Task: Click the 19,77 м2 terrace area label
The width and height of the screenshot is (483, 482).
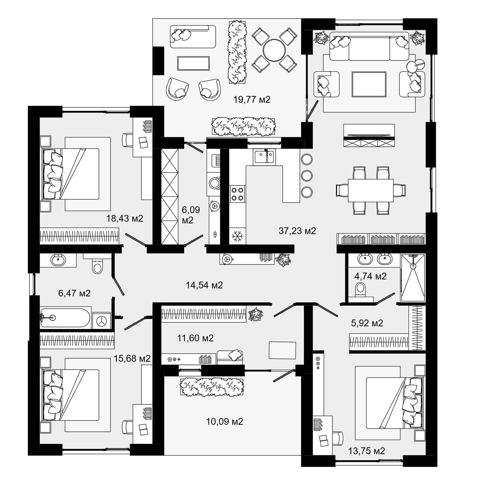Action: click(252, 100)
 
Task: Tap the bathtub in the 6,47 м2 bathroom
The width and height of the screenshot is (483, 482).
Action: click(65, 318)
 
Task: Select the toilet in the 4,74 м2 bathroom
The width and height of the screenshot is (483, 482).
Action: click(360, 289)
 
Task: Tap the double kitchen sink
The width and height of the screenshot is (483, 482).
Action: click(264, 157)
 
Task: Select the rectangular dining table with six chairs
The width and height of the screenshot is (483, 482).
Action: click(371, 191)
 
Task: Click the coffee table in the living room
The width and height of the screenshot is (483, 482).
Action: click(369, 84)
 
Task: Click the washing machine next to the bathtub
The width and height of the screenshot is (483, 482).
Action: click(101, 320)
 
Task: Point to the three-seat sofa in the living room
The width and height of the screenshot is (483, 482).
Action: click(369, 46)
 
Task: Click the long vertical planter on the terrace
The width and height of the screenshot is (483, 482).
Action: click(237, 53)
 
